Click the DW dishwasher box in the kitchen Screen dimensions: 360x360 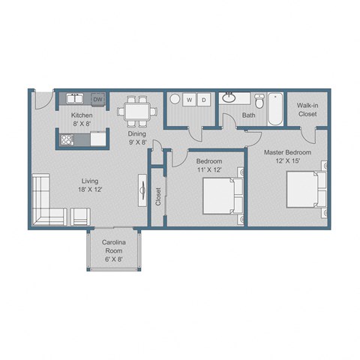pos(97,99)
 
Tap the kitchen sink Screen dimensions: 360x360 pos(74,99)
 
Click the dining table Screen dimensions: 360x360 pos(137,110)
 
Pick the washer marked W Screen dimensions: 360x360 pos(190,100)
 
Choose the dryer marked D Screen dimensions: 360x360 pos(205,100)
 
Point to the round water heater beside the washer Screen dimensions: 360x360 pos(174,100)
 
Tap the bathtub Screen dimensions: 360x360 pos(275,108)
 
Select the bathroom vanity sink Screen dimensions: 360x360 pos(229,98)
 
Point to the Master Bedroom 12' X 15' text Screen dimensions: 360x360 pos(287,156)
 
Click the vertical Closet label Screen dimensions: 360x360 pos(158,196)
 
